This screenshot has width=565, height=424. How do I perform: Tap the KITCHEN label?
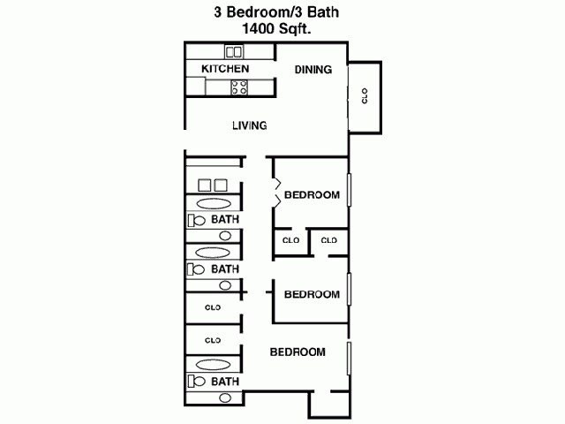225,69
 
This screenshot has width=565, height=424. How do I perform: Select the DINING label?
313,70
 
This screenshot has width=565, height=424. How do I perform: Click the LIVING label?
250,125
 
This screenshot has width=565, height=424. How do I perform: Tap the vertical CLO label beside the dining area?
365,97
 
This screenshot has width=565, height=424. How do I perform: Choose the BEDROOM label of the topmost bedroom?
313,195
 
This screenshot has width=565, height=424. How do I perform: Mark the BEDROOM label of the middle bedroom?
313,294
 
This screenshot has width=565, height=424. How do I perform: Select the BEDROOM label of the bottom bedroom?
298,352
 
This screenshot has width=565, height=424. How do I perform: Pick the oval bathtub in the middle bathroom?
213,253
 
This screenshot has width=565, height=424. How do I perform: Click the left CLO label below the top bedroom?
290,240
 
